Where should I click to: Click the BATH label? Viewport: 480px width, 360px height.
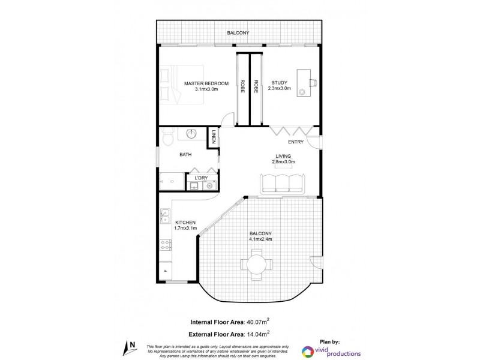coord(186,155)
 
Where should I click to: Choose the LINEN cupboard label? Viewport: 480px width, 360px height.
coord(213,137)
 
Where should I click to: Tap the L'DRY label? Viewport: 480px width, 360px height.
coord(202,177)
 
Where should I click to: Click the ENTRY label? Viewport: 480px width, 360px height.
coord(296,142)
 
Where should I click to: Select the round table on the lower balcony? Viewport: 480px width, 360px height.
coord(256,264)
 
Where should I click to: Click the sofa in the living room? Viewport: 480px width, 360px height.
coord(282,182)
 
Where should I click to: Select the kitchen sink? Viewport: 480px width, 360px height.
coord(164,215)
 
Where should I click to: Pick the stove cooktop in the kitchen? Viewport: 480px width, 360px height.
coord(165,244)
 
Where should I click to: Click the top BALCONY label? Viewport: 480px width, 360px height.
coord(238,33)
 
